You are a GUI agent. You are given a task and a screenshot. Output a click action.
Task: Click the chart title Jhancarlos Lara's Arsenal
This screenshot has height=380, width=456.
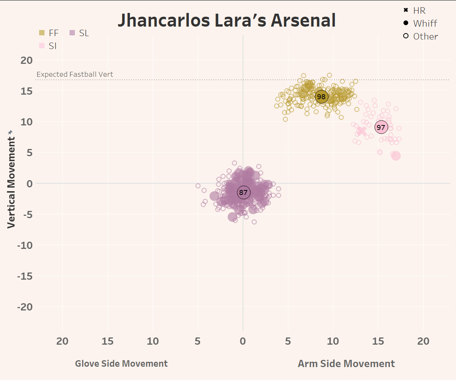(226, 21)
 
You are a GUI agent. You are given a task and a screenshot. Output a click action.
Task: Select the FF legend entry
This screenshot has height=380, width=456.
(49, 33)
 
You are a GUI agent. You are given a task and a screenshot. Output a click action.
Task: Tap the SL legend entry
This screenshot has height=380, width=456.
(79, 33)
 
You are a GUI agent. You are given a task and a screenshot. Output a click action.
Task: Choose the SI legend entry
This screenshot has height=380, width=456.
(48, 46)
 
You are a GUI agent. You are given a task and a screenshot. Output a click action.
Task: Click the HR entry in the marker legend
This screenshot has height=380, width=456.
(415, 10)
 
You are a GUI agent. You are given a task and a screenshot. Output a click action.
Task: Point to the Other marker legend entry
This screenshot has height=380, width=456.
(421, 36)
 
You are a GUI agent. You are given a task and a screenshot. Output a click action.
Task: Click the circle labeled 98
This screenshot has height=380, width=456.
(321, 97)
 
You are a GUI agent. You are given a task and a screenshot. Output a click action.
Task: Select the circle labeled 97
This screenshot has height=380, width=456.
(381, 127)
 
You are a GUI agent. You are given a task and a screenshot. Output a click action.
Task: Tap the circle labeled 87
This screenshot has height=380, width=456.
(243, 192)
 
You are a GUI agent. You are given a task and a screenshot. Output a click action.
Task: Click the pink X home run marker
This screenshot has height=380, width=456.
(362, 131)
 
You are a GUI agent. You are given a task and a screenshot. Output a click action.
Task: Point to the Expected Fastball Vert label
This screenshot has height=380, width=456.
(75, 74)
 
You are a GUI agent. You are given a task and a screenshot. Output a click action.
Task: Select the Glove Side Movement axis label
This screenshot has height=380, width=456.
(121, 364)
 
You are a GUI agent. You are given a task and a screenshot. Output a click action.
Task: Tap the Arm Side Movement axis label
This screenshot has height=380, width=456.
(346, 364)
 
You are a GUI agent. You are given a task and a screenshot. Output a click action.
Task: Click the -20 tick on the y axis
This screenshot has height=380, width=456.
(25, 307)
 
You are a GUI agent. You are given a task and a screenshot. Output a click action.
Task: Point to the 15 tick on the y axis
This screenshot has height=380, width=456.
(27, 91)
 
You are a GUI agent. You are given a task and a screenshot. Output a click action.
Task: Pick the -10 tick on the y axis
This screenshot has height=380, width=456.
(25, 245)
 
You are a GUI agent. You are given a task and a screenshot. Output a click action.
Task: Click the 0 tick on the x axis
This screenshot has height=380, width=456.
(243, 341)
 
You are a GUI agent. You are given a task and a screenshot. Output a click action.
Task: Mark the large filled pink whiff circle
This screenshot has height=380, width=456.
(396, 156)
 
